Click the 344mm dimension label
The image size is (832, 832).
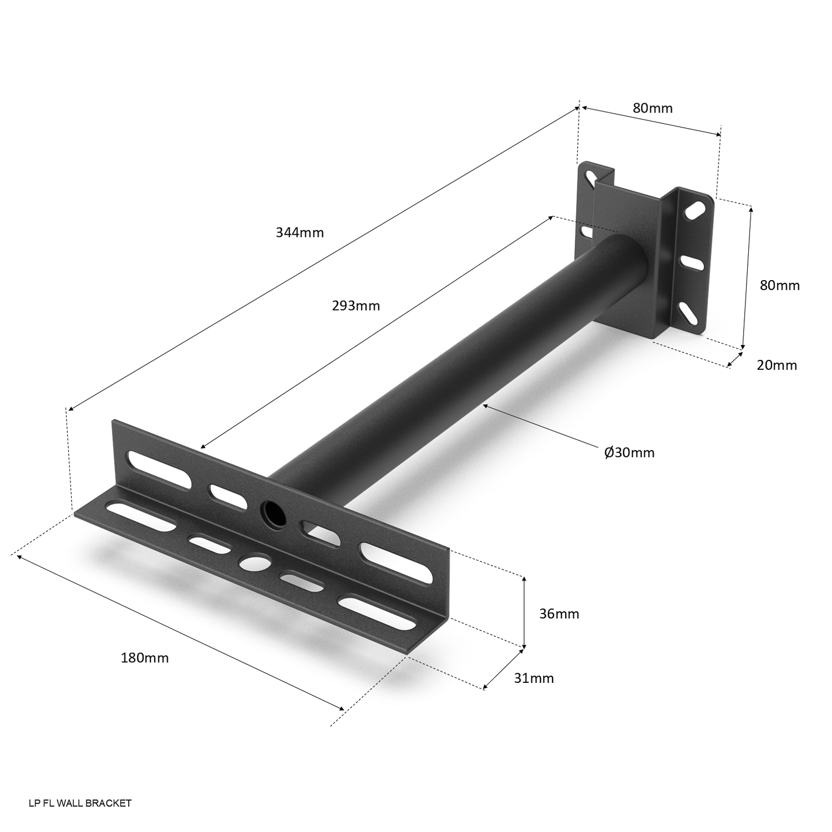click(300, 232)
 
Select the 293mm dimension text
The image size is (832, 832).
click(356, 306)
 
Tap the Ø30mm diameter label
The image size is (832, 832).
click(630, 453)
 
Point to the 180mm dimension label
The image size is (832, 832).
click(145, 658)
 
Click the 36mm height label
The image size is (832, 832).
click(559, 614)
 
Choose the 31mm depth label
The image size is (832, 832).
click(534, 678)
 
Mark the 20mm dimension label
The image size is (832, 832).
click(777, 365)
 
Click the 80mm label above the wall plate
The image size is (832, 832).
click(653, 108)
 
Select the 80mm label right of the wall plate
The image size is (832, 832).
click(780, 286)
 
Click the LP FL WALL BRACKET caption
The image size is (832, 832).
click(80, 803)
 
